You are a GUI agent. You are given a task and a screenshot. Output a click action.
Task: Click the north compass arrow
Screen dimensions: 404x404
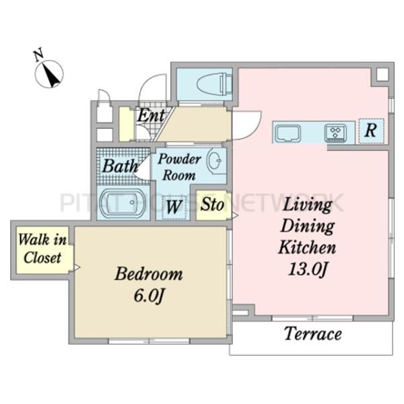[x=53, y=75]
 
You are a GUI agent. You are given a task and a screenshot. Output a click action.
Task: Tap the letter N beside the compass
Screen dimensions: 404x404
[x=38, y=55]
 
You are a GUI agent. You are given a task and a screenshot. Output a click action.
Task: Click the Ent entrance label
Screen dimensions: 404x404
[x=151, y=115]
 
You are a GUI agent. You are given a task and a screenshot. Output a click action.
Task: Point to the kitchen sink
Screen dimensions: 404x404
[x=288, y=133]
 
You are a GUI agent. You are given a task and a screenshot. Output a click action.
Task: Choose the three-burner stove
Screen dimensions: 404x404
[x=335, y=133]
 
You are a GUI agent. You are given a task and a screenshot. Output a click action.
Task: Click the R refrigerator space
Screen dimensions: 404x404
[x=371, y=131]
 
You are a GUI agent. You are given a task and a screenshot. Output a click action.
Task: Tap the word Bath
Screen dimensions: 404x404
[x=120, y=166]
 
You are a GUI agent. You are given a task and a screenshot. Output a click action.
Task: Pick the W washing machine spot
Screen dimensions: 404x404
[x=174, y=207]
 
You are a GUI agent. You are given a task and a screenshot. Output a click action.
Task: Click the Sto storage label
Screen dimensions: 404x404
[x=212, y=204]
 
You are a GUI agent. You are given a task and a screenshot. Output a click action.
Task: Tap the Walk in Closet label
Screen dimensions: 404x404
[x=42, y=248]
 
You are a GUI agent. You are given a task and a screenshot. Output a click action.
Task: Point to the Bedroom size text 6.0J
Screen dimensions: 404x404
[x=149, y=296]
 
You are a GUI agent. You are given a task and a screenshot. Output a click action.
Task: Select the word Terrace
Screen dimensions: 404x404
[x=313, y=334]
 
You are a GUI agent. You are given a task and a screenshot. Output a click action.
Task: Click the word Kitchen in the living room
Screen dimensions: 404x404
[x=307, y=247]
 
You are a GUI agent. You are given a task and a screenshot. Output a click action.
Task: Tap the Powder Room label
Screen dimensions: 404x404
[x=179, y=167]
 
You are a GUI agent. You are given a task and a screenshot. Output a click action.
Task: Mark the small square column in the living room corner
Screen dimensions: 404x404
[x=382, y=75]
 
